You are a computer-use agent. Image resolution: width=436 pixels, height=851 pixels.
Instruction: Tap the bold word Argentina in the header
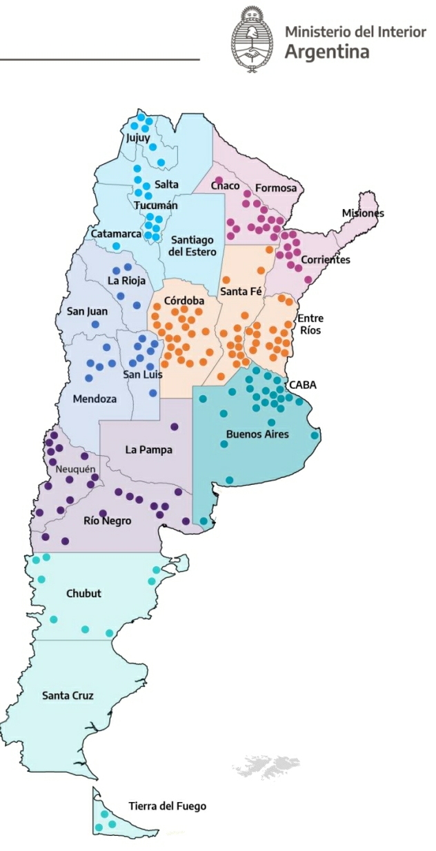[326, 52]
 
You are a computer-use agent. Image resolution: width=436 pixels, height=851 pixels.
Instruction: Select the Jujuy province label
[137, 138]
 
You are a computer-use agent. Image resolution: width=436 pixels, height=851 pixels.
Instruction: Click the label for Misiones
[363, 213]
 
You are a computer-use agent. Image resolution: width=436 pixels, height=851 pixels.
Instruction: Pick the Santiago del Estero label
[192, 246]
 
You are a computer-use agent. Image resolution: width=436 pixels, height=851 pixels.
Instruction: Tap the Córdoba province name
[184, 301]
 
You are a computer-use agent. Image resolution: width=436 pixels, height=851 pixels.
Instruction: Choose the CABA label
[302, 385]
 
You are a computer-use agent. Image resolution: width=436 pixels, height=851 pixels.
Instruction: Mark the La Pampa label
[148, 450]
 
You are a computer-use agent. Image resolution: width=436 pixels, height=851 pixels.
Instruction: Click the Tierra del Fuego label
[167, 805]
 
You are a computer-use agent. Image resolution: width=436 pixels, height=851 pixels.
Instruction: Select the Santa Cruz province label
[68, 695]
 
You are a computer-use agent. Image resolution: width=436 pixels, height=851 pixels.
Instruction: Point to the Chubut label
[83, 593]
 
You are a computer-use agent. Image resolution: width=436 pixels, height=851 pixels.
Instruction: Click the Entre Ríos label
[310, 324]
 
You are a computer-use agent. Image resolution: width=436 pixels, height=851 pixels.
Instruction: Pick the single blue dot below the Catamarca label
[116, 246]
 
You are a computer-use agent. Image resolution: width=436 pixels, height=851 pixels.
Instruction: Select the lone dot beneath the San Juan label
[95, 324]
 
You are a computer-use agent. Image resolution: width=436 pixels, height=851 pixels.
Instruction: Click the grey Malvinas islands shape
[265, 766]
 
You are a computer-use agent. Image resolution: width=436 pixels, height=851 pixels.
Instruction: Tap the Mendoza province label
[95, 399]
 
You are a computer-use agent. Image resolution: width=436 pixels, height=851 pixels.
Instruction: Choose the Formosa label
[276, 188]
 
